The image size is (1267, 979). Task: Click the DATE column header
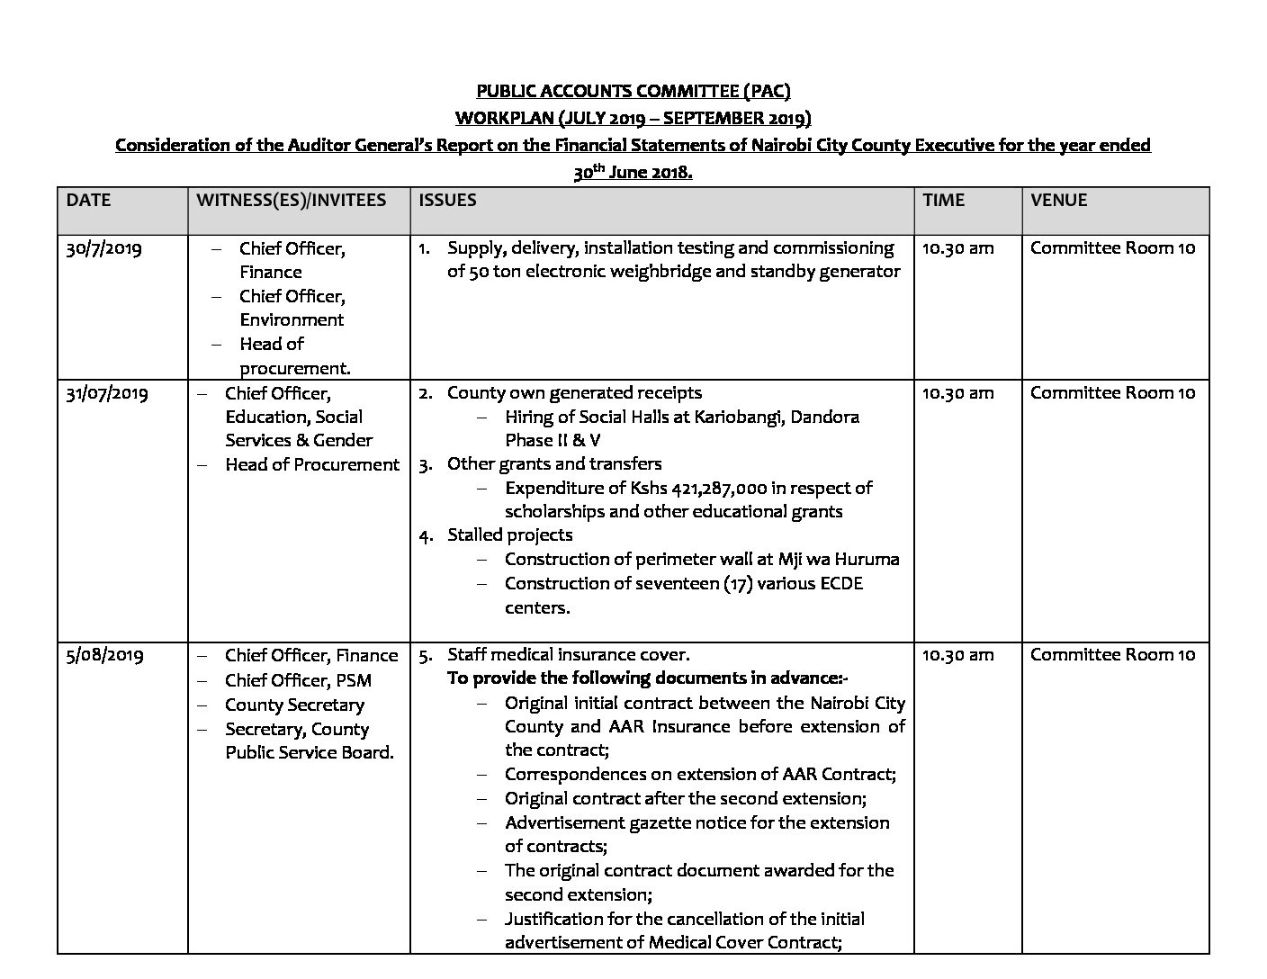[88, 200]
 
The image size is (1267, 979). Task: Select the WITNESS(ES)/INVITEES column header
[292, 200]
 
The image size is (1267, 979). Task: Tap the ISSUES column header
[447, 200]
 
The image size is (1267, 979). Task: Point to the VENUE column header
[1058, 200]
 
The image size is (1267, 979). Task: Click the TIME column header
[943, 200]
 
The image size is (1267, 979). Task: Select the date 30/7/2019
[103, 248]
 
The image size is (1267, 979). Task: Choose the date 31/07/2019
[107, 393]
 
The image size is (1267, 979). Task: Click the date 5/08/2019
[104, 655]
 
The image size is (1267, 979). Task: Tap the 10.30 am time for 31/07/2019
[957, 392]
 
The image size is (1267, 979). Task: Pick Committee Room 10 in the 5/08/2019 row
[1112, 654]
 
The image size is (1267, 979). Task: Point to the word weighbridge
[679, 272]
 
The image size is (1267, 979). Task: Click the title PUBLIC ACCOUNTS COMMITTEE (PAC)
[633, 91]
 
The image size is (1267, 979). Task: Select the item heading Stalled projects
[509, 534]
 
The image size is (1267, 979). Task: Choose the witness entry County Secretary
[294, 705]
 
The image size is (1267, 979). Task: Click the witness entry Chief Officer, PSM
[298, 680]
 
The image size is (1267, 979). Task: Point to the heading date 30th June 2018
[633, 173]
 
